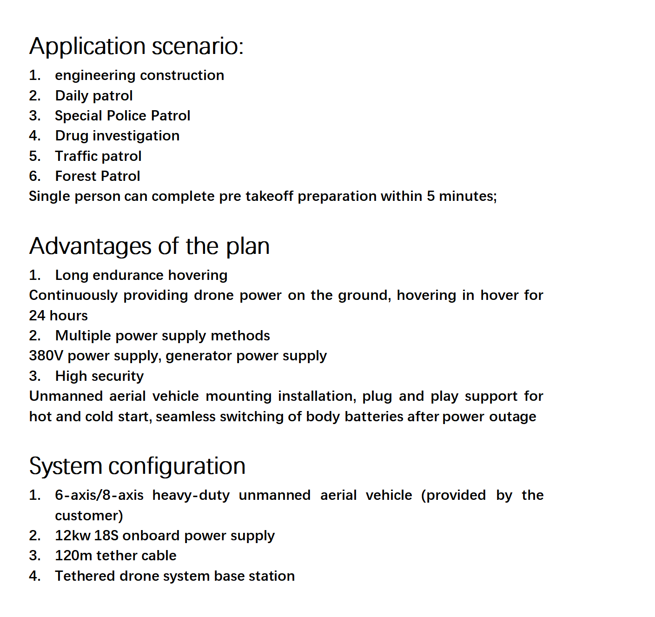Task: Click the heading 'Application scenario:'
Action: click(x=136, y=46)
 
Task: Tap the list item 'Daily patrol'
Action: click(x=93, y=96)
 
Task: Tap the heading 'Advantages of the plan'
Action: click(x=149, y=246)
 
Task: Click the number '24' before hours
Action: click(x=37, y=316)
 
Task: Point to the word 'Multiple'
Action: click(x=83, y=336)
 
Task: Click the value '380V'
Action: click(x=46, y=356)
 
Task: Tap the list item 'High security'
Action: click(x=99, y=376)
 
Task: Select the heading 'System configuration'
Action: click(x=137, y=466)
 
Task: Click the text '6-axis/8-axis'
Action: click(x=99, y=495)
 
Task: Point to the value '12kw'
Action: click(x=73, y=536)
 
